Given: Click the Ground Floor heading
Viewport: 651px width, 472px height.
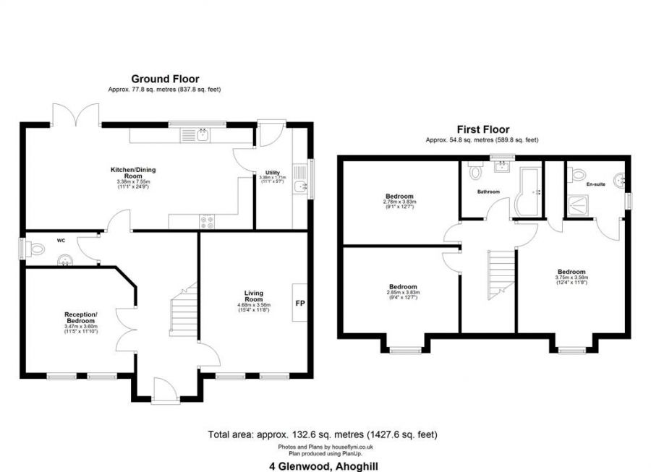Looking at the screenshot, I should click(x=165, y=79).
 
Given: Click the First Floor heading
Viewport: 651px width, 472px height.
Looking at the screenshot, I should click(x=482, y=129).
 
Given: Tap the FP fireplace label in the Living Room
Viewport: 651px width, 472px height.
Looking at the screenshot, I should click(x=299, y=302).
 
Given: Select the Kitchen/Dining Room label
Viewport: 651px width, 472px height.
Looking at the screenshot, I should click(x=133, y=173).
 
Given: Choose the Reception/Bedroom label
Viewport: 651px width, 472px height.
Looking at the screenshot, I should click(x=81, y=317).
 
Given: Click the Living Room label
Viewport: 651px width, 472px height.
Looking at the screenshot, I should click(x=253, y=296).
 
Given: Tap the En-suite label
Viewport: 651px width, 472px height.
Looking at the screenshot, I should click(x=595, y=184).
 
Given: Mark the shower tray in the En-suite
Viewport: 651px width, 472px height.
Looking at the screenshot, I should click(x=582, y=206).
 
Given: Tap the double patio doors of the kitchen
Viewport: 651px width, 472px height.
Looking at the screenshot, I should click(x=76, y=114).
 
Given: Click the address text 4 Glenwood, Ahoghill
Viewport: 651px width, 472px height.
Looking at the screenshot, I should click(x=323, y=466).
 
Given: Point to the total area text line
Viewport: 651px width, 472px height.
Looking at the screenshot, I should click(x=323, y=434).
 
